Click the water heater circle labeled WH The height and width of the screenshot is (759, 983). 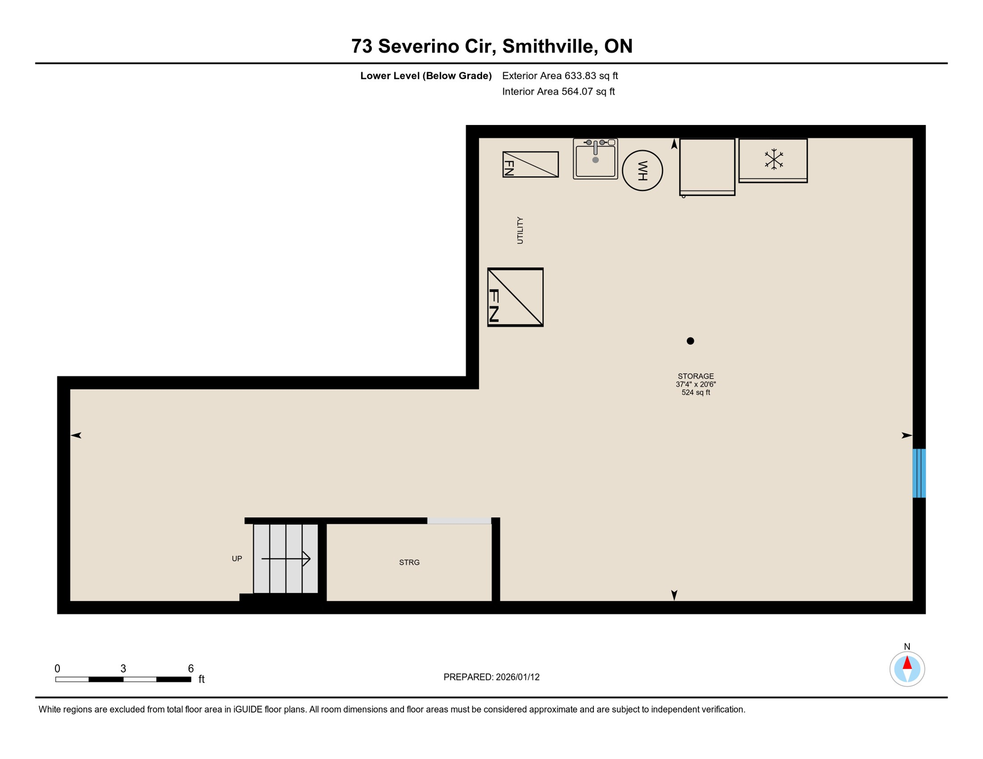tap(642, 170)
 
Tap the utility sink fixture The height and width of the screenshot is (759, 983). tap(595, 159)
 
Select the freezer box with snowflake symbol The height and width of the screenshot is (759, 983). tap(773, 161)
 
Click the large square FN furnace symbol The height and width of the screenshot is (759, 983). tap(515, 297)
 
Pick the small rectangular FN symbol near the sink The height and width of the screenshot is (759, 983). tap(530, 165)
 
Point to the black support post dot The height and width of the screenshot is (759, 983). tap(690, 341)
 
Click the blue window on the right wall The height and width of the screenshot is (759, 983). tap(919, 473)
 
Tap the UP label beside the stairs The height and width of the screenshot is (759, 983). tap(237, 559)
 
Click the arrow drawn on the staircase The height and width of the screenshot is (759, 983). tap(286, 559)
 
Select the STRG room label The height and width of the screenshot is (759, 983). tap(409, 562)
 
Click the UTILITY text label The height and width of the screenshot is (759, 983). tap(520, 230)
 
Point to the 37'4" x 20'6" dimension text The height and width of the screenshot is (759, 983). tap(696, 384)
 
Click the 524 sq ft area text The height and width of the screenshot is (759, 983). tap(696, 393)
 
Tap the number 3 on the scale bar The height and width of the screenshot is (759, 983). tap(123, 669)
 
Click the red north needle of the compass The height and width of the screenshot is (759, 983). tap(907, 663)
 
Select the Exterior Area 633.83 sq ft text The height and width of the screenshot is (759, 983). tap(560, 76)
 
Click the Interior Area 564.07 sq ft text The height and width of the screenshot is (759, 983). tap(558, 91)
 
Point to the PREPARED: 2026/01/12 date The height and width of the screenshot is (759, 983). tap(491, 677)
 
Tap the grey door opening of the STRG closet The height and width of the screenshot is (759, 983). tap(459, 521)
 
